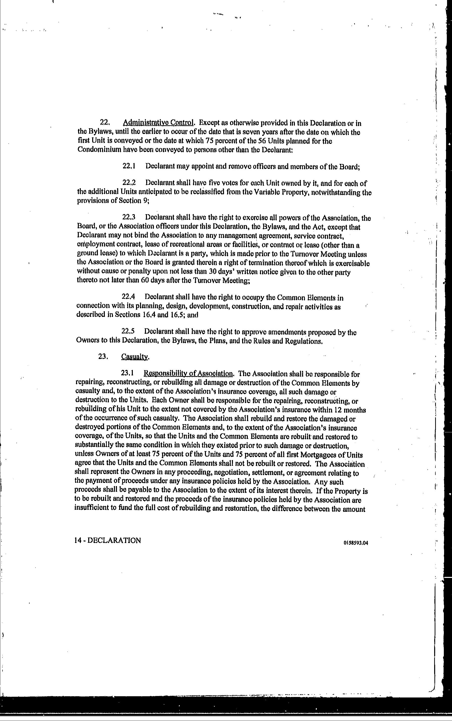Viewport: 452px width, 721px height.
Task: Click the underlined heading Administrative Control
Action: [x=159, y=123]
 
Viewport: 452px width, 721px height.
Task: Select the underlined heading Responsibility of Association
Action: [x=189, y=374]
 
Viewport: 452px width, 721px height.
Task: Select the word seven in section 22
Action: [x=243, y=132]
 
